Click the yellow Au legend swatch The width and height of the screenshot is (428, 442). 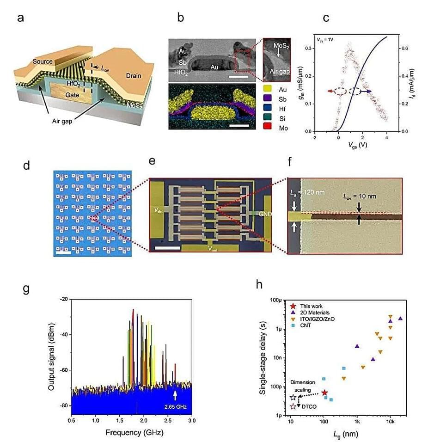point(267,86)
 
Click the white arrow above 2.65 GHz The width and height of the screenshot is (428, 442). point(175,395)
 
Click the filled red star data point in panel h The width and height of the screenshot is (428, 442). point(324,393)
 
